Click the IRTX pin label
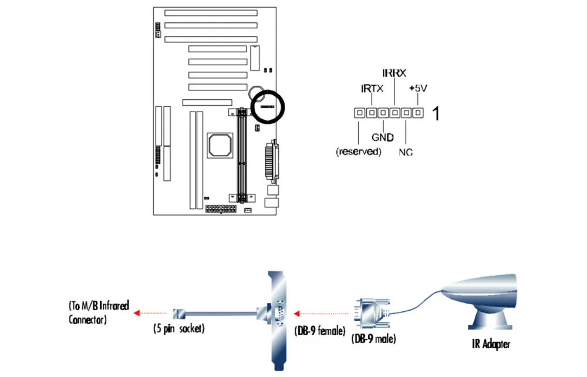tap(372, 89)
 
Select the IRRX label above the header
tap(394, 73)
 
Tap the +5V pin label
tap(418, 88)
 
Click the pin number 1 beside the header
tap(436, 113)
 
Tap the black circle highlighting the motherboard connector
tap(267, 106)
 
